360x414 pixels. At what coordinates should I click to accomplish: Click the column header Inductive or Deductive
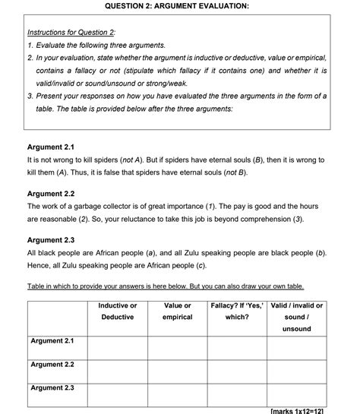click(118, 311)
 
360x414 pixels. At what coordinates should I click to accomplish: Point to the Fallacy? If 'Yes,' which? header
click(237, 311)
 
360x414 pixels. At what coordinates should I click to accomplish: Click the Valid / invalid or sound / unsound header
click(297, 317)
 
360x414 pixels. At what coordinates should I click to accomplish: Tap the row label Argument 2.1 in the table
click(52, 341)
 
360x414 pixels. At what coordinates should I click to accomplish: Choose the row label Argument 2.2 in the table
click(52, 365)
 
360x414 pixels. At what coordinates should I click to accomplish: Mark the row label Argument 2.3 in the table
click(52, 388)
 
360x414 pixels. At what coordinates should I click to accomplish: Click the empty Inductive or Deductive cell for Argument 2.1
click(118, 347)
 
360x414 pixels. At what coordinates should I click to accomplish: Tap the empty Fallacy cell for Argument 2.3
click(237, 395)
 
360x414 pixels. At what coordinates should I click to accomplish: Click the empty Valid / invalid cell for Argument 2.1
click(297, 347)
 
